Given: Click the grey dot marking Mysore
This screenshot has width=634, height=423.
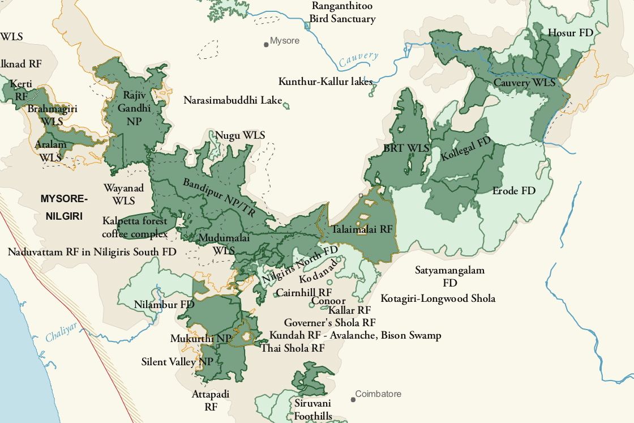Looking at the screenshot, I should (266, 44).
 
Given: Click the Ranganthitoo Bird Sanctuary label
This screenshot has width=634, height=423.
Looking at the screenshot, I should (342, 12).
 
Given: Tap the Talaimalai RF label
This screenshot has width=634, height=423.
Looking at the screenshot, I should (362, 230).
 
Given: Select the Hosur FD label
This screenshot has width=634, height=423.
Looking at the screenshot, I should (571, 32).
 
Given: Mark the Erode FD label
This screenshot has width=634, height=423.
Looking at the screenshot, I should (513, 191).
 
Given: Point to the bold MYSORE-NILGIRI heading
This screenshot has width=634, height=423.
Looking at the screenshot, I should (65, 207).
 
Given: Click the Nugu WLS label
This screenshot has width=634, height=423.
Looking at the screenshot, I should (240, 135).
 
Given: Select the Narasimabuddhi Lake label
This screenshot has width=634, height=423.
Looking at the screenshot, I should (233, 101).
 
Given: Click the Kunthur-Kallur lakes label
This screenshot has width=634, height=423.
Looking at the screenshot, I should (325, 82).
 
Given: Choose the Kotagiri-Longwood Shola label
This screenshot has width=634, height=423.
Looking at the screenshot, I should (438, 298).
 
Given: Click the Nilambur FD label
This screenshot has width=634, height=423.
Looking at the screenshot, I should (164, 305).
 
